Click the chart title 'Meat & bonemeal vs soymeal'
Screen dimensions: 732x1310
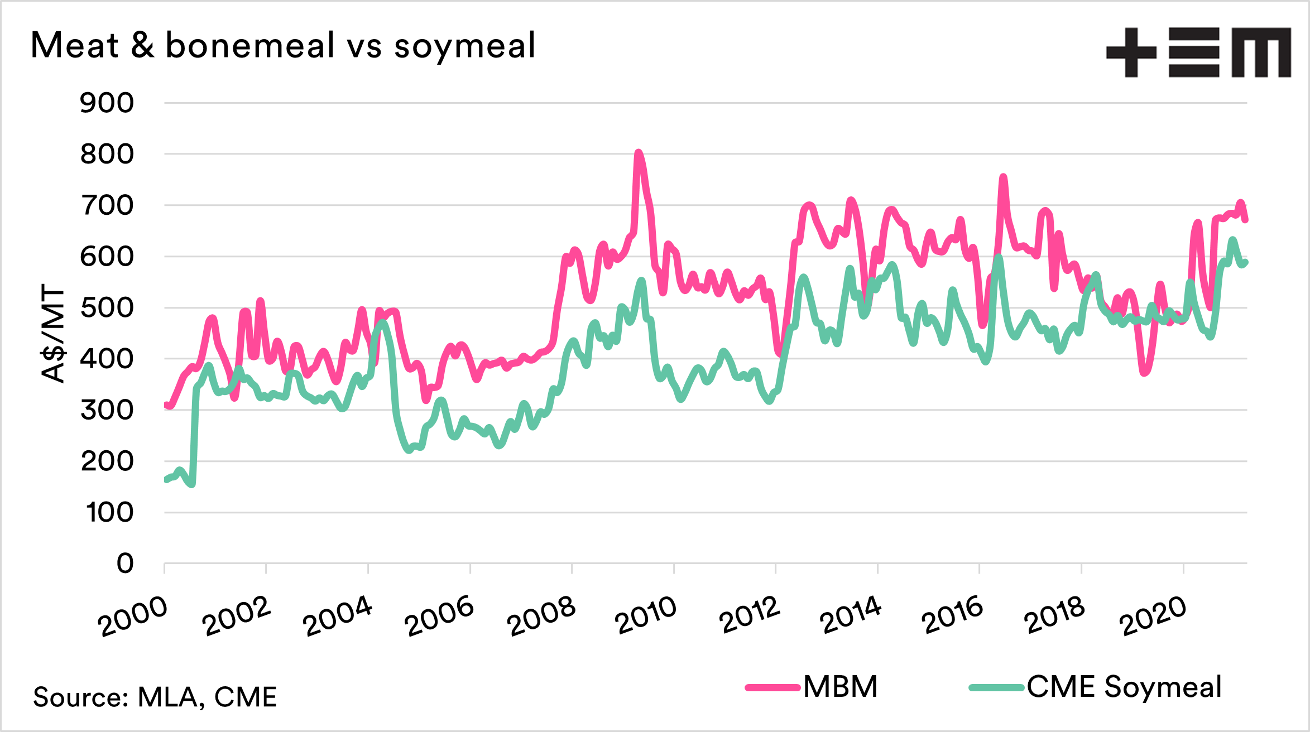(x=283, y=45)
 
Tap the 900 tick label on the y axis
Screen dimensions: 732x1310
(x=107, y=103)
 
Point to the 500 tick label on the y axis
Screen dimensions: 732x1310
(x=107, y=308)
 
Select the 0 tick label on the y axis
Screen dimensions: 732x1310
(x=125, y=564)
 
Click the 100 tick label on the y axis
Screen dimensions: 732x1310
(x=110, y=513)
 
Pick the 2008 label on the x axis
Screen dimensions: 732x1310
(x=541, y=616)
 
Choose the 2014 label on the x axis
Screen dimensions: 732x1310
(x=850, y=615)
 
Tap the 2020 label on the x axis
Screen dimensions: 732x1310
(x=1153, y=616)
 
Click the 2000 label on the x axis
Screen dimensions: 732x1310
(x=132, y=617)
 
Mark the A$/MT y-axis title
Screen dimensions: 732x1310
(x=54, y=334)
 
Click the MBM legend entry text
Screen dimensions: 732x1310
(x=841, y=687)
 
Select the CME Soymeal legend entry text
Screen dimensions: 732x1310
(x=1124, y=687)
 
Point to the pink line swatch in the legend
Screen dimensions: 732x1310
(x=773, y=687)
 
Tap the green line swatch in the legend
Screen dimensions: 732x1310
(x=997, y=687)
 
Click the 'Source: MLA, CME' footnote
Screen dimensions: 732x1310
(x=155, y=697)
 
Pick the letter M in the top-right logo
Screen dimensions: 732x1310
(x=1261, y=52)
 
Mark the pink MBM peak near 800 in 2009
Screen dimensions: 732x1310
(x=638, y=153)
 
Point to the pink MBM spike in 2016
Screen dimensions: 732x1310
(x=1003, y=178)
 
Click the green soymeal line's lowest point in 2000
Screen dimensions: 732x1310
(x=192, y=484)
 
